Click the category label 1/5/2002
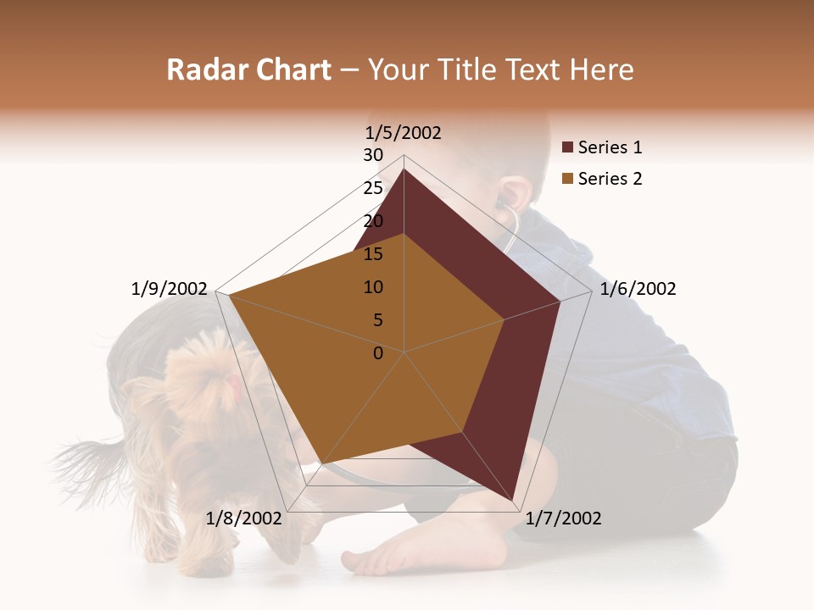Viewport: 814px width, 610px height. (403, 133)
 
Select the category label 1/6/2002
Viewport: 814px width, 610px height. (638, 289)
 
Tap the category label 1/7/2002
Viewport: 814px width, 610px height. (563, 518)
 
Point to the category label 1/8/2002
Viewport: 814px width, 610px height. (243, 518)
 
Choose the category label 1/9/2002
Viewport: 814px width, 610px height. (169, 289)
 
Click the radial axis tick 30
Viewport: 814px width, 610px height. (373, 155)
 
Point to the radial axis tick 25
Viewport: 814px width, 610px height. (373, 188)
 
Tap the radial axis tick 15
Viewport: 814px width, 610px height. (373, 254)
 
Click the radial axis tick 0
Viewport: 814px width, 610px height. (378, 353)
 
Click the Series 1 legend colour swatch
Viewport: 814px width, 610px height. (568, 147)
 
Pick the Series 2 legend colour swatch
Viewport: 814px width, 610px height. (568, 179)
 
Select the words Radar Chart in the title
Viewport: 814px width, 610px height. (248, 70)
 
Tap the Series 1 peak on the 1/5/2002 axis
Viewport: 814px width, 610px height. (404, 169)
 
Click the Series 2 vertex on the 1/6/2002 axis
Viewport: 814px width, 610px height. (504, 319)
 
